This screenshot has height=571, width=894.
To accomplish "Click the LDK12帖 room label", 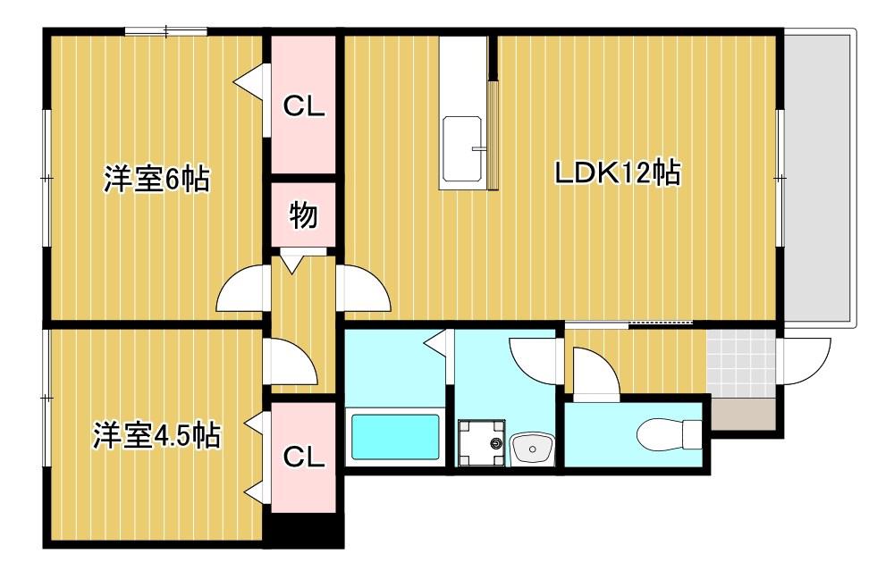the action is tap(618, 172).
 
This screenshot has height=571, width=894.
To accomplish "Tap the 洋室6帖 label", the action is tap(156, 179).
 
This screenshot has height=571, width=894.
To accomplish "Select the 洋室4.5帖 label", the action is tap(156, 435).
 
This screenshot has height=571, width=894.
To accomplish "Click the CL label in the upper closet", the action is tap(304, 106).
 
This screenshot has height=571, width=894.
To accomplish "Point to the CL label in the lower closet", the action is tap(304, 457).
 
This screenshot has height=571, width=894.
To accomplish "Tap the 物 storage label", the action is tap(303, 214).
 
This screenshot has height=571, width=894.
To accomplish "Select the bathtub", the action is tap(395, 436).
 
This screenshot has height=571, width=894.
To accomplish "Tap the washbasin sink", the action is tap(533, 449).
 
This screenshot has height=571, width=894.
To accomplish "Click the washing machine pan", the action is tap(482, 442).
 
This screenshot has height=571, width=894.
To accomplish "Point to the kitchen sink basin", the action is tap(463, 149).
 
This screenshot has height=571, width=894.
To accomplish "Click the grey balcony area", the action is tap(819, 179).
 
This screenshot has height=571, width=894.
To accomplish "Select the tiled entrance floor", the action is tap(741, 364).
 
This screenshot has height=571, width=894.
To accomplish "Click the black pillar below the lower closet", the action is tap(307, 529).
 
